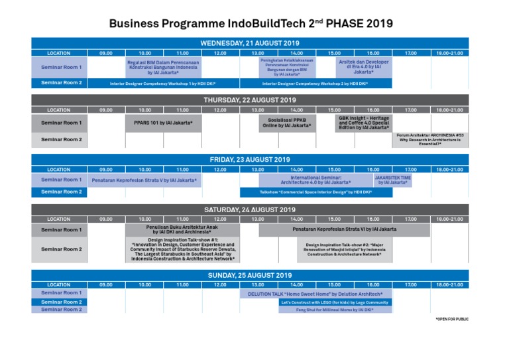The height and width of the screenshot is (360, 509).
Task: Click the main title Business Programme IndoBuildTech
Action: (x=251, y=23)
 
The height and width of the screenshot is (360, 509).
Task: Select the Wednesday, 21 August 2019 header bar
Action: (x=250, y=43)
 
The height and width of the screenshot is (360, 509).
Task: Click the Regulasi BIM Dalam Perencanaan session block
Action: (x=163, y=67)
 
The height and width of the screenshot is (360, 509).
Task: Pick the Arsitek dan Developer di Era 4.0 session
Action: (x=363, y=67)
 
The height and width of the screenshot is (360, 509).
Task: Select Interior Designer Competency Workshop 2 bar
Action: (x=315, y=84)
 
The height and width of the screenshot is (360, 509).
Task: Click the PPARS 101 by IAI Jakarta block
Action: (x=163, y=123)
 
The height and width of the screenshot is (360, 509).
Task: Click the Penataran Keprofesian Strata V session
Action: (x=144, y=180)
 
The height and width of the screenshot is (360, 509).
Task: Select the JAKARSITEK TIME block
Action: (x=392, y=180)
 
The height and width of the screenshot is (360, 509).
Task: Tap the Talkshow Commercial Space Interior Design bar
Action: (x=315, y=192)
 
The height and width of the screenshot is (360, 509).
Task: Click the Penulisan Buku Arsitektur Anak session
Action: (x=182, y=229)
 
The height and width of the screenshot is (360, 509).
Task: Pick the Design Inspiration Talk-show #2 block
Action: (x=344, y=249)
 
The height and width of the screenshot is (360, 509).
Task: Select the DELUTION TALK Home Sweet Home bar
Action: (x=315, y=293)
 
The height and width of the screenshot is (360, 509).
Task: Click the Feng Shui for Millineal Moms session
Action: (x=335, y=310)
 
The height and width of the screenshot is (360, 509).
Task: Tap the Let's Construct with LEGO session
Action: (x=335, y=302)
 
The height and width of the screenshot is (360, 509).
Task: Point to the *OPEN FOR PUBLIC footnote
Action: (x=452, y=320)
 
